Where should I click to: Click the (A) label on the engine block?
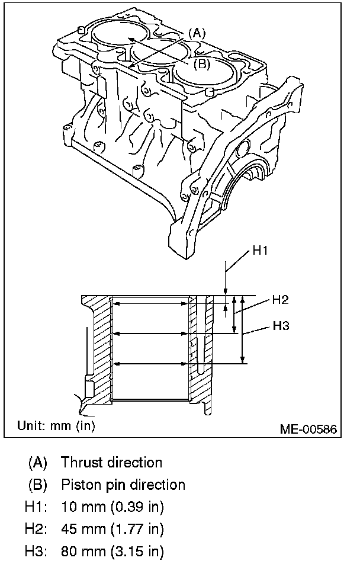click(x=197, y=33)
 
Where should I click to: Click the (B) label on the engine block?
click(x=201, y=64)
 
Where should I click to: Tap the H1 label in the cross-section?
click(x=261, y=251)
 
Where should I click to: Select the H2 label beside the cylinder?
click(x=280, y=300)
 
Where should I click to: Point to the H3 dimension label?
click(x=280, y=325)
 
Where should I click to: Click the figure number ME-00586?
click(x=309, y=428)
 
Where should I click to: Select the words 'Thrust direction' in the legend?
click(x=111, y=462)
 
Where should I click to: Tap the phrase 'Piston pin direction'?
click(x=123, y=485)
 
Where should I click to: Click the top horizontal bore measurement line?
click(x=150, y=303)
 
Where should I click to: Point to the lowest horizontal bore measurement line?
click(x=150, y=363)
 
